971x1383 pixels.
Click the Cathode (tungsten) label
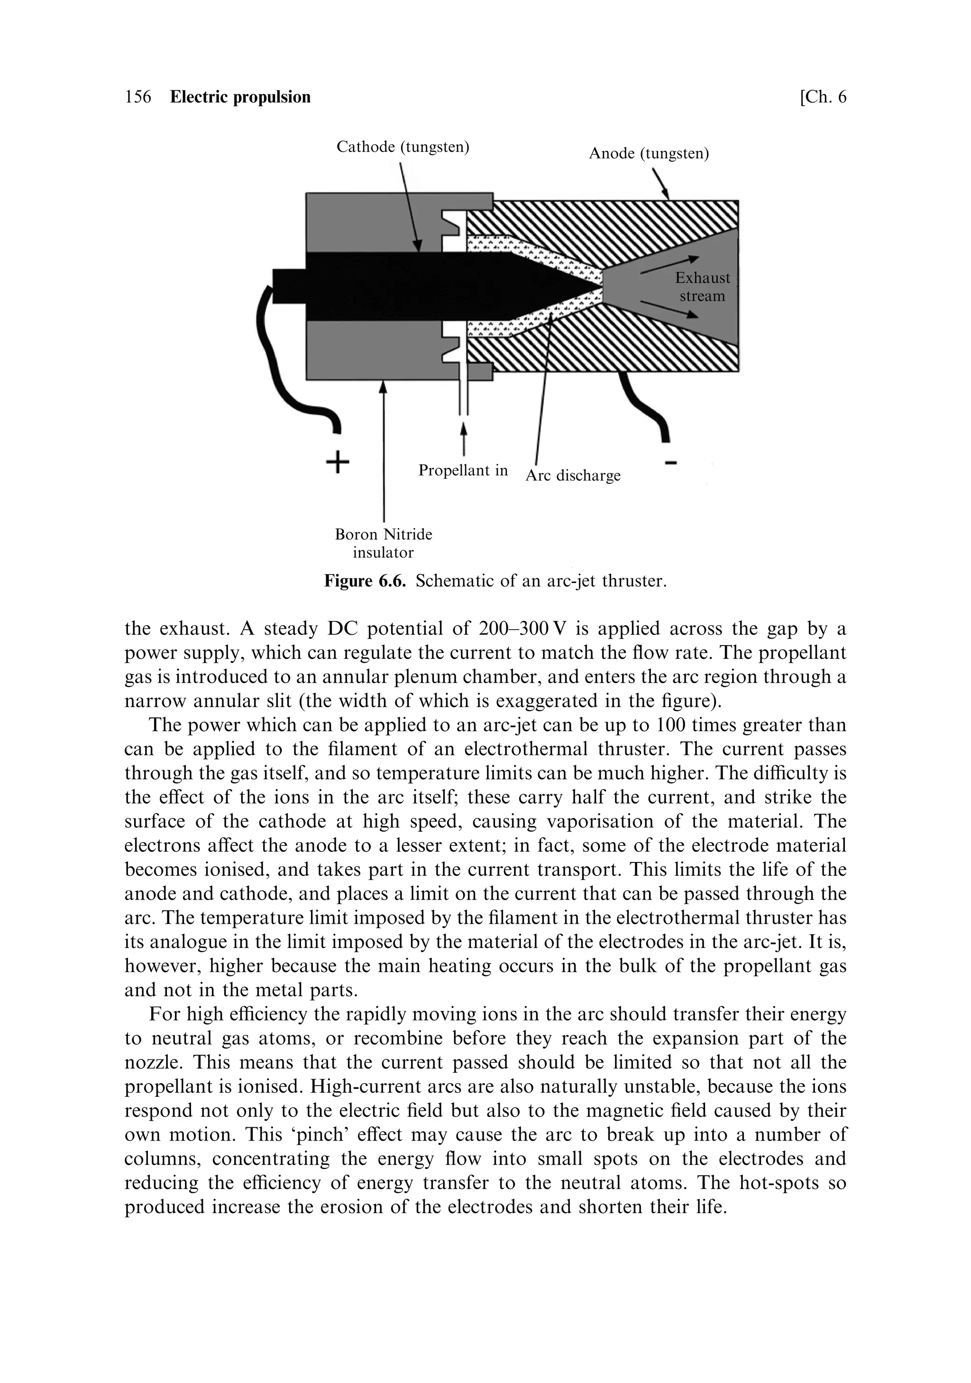point(403,147)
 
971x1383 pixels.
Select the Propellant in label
point(463,470)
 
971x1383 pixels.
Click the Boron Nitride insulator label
point(384,543)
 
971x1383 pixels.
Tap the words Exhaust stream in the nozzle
point(702,287)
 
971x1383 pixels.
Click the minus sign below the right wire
point(671,463)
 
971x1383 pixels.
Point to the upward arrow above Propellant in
point(464,436)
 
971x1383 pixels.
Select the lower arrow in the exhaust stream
point(669,309)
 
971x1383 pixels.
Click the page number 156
point(138,97)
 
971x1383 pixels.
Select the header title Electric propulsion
point(240,97)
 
